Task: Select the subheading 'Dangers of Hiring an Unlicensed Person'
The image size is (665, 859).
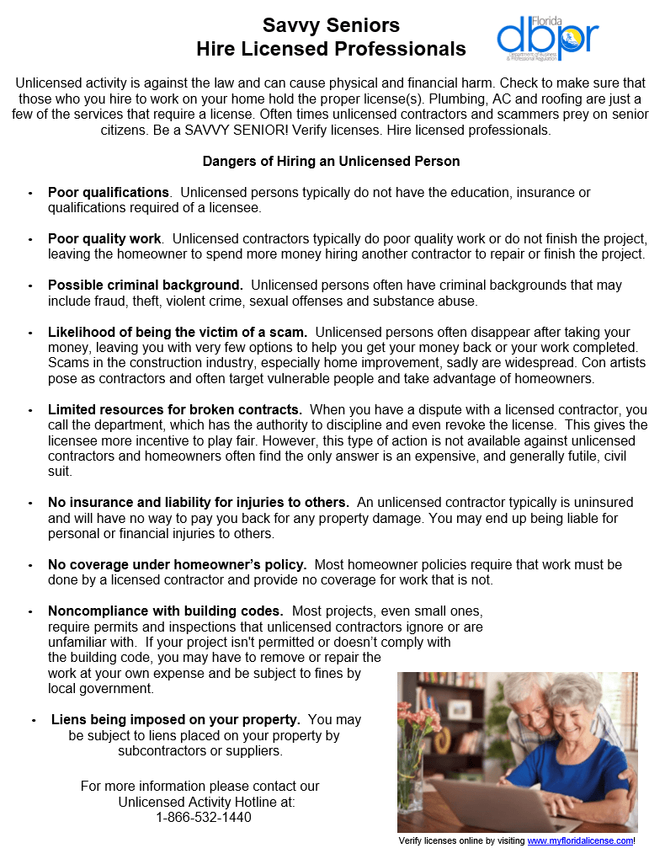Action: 331,161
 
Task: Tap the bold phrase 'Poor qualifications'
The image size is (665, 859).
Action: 109,193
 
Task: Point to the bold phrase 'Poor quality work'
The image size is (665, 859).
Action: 104,239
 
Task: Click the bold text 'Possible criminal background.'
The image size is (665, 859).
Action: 146,285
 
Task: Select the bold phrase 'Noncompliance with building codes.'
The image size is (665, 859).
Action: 165,611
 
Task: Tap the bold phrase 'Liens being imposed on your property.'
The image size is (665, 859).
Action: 176,720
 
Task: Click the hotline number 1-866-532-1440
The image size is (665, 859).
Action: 204,817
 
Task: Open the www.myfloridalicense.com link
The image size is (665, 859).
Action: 580,840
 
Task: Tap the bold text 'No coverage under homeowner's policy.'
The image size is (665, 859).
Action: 177,564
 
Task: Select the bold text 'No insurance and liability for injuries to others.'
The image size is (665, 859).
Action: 199,502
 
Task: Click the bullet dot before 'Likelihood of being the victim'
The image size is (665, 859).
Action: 31,333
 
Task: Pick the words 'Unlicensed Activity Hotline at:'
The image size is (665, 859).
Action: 206,802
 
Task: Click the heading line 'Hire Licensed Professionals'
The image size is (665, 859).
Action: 331,49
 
